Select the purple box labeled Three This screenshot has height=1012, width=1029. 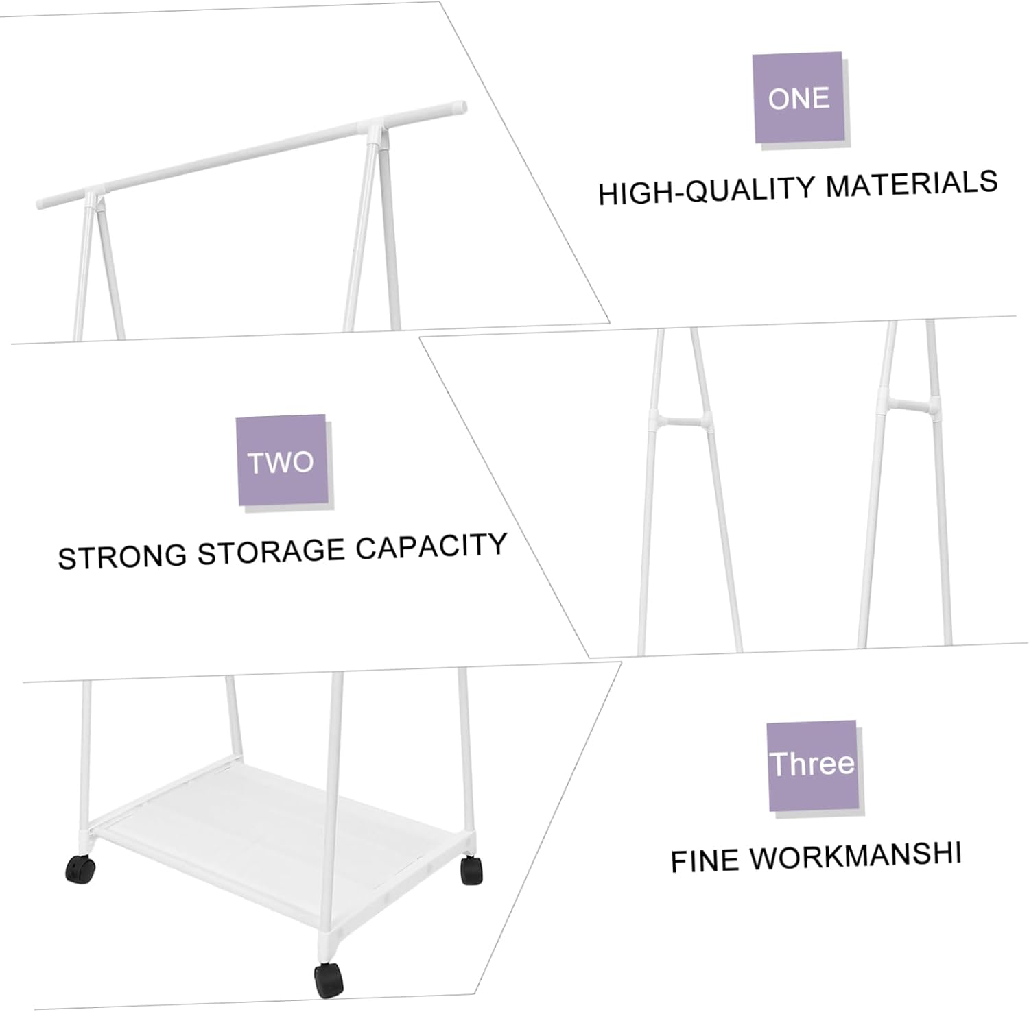812,765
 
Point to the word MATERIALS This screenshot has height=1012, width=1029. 912,184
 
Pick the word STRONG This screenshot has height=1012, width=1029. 122,556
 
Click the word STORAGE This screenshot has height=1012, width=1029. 271,552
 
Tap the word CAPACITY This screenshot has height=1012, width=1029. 431,546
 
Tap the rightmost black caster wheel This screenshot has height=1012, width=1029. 471,869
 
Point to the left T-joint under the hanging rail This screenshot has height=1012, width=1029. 92,198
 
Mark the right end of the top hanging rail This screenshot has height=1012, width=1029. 462,107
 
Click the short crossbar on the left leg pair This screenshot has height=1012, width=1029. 678,420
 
